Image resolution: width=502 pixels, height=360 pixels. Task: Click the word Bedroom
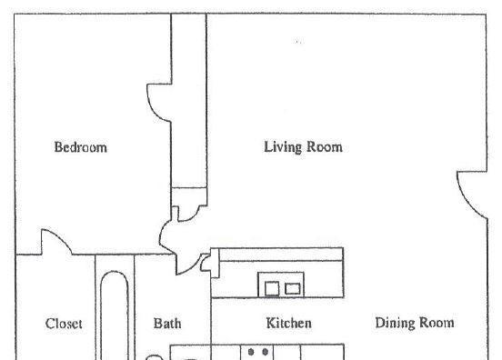click(81, 147)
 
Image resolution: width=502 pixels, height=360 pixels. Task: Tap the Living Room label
click(303, 147)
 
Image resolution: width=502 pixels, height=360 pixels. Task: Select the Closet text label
click(64, 324)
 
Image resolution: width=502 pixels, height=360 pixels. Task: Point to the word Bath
click(167, 324)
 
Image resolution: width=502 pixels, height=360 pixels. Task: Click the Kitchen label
click(289, 323)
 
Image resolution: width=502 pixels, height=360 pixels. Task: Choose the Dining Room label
click(415, 323)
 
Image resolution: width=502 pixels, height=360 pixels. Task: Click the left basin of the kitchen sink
click(272, 289)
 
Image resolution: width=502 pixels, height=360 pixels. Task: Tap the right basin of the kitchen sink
click(293, 289)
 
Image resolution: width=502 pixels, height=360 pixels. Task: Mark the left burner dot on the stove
click(251, 352)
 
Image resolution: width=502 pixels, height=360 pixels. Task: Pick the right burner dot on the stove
click(265, 352)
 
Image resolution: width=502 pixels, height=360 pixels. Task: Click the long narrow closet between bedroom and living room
click(189, 101)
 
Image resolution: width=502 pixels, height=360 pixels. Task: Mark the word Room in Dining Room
click(437, 323)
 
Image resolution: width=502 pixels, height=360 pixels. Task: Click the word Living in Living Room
click(283, 147)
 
